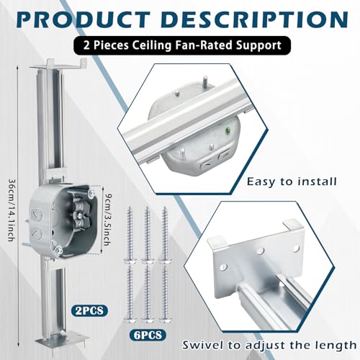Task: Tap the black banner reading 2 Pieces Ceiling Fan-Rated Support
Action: (179, 45)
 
